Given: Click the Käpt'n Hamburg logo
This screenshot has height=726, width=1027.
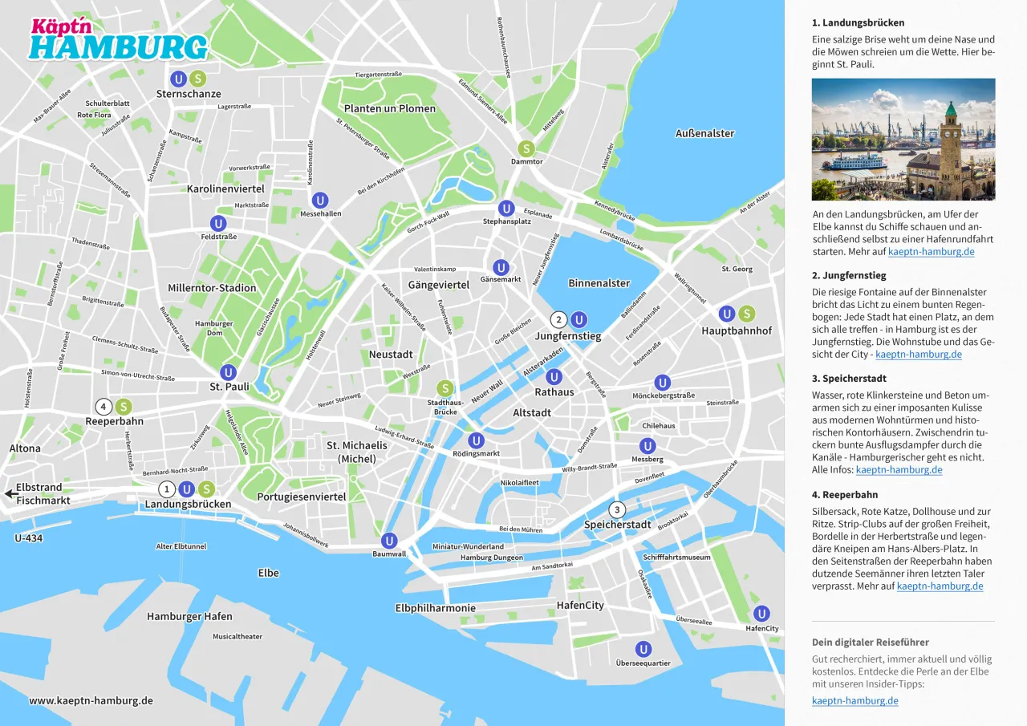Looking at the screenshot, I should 118,40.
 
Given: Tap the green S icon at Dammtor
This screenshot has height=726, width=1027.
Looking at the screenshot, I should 526,148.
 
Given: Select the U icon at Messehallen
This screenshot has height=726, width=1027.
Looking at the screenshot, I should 320,201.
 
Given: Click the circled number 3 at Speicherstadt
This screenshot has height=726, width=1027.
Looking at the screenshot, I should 616,509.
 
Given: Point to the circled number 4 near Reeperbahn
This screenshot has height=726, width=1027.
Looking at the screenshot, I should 103,407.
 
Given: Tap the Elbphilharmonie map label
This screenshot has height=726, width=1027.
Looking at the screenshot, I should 435,608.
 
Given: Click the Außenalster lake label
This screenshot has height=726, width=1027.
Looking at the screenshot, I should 704,133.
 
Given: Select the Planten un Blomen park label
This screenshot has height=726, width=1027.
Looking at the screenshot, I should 390,108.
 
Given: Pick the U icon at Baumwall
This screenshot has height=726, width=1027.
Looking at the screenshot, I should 389,541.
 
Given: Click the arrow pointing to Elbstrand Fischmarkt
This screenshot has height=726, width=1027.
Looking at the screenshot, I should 8,493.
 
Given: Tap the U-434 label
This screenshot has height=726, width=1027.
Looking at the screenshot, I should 28,538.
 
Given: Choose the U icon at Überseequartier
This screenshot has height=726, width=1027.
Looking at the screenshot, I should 643,649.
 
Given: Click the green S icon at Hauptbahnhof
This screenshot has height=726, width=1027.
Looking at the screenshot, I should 746,314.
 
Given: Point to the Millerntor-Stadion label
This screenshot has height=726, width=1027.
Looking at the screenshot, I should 212,288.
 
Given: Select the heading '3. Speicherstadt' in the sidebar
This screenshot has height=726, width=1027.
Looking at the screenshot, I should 849,379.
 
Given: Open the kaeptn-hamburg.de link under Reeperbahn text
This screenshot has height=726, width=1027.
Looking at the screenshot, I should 940,586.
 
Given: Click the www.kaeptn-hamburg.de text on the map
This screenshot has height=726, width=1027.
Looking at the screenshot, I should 91,700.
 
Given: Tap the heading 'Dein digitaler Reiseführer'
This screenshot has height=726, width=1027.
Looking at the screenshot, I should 870,643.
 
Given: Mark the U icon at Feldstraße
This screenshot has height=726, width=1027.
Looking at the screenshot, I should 218,223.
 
